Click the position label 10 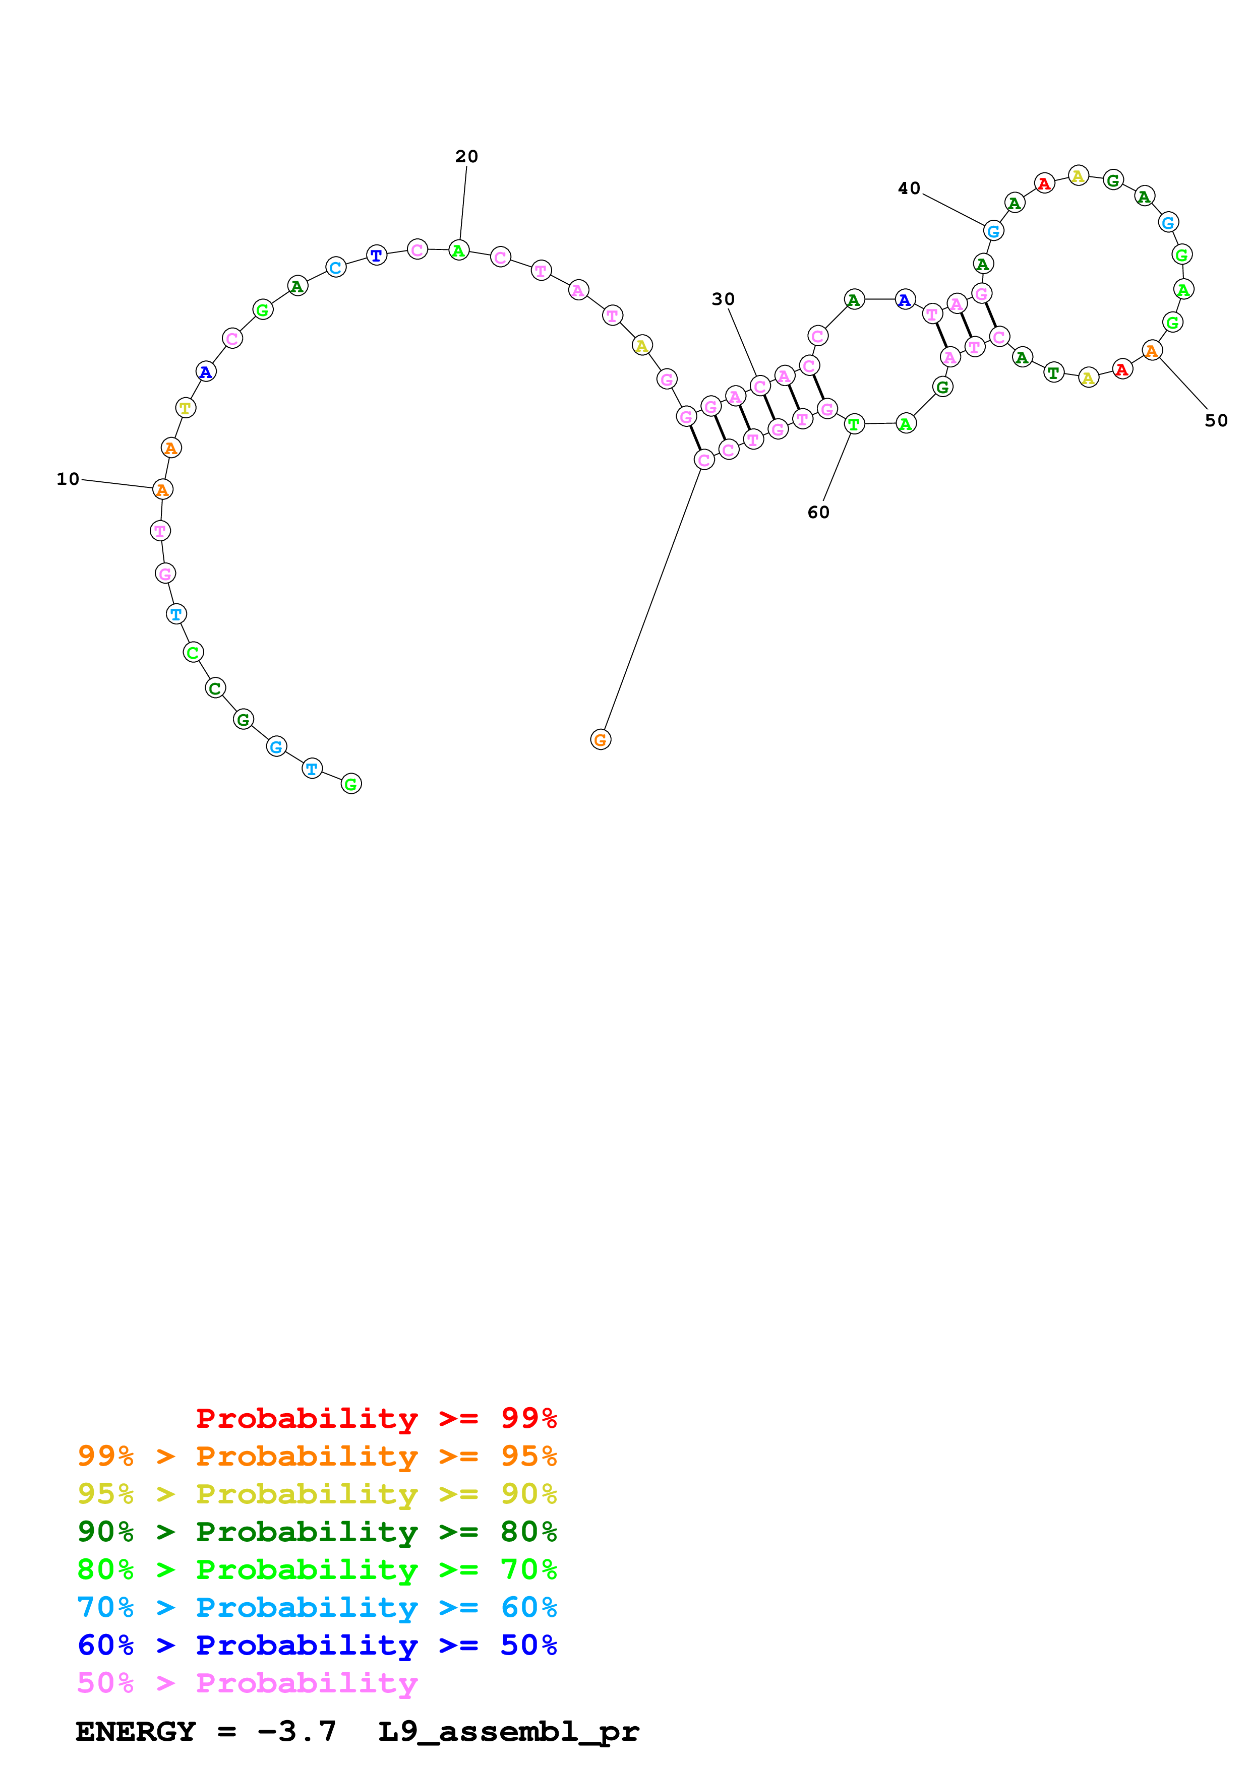68,479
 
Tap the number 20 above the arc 467,156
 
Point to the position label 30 723,299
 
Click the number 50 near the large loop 1216,420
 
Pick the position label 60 818,512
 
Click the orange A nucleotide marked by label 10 162,489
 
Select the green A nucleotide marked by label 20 459,250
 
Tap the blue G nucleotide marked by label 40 993,230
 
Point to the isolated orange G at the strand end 600,740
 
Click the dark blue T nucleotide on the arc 376,255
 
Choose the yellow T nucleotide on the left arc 186,407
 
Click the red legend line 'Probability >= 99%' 376,1418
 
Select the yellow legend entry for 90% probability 317,1493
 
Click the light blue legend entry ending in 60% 317,1607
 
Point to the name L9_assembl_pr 508,1731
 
